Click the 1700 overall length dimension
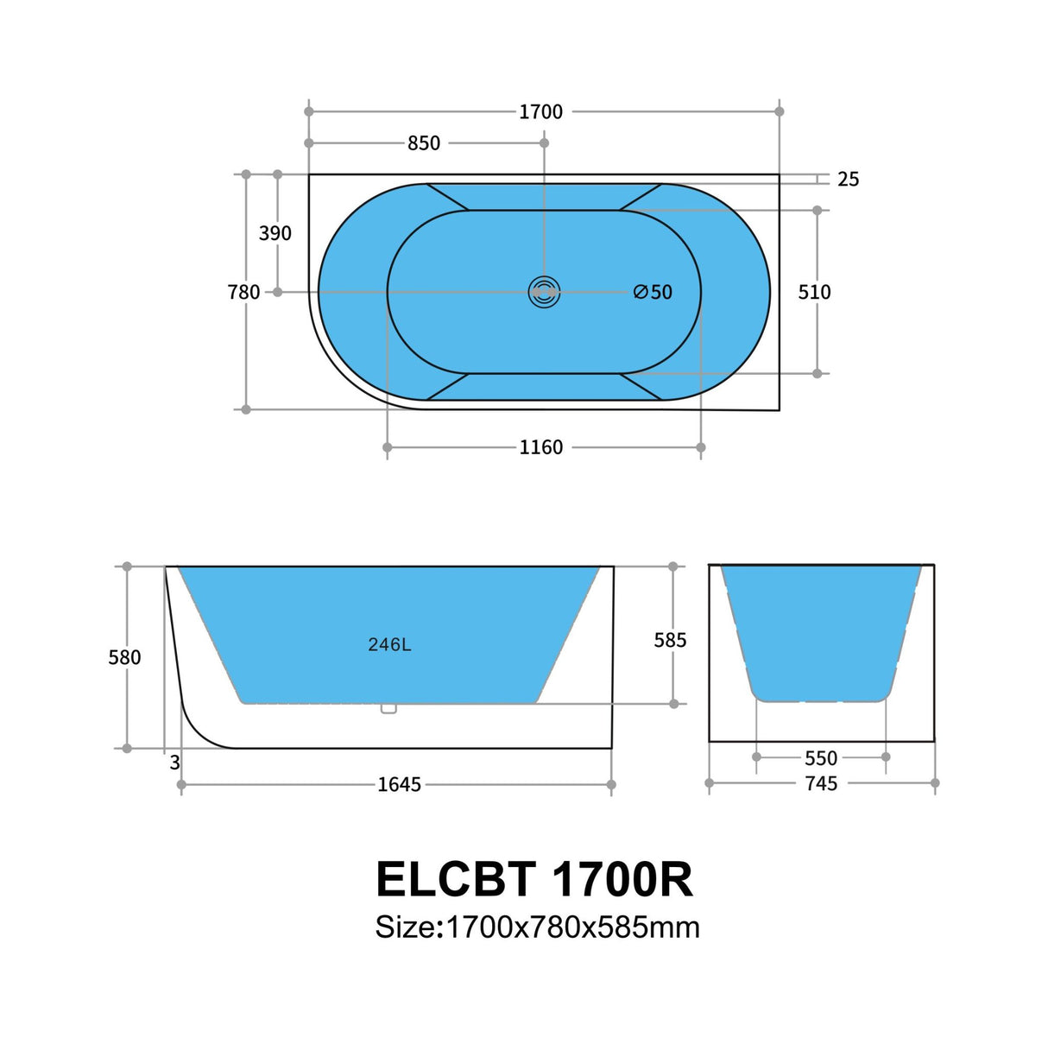[x=540, y=111]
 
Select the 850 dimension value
[x=424, y=143]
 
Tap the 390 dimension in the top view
[x=275, y=233]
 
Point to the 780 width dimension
[x=243, y=293]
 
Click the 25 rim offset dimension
[x=848, y=180]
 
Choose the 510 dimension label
[x=814, y=293]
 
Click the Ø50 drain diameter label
[x=653, y=293]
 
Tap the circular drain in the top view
[x=544, y=293]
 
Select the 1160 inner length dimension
[x=540, y=447]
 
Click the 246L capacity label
[x=389, y=645]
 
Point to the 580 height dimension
[x=124, y=658]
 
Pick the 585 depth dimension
[x=670, y=640]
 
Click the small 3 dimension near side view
[x=175, y=763]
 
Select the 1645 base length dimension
[x=399, y=785]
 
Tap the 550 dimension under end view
[x=821, y=758]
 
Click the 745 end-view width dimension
[x=821, y=783]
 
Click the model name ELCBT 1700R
[x=534, y=880]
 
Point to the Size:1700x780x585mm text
[x=537, y=927]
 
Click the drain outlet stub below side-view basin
[x=388, y=709]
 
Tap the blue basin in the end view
[x=820, y=630]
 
